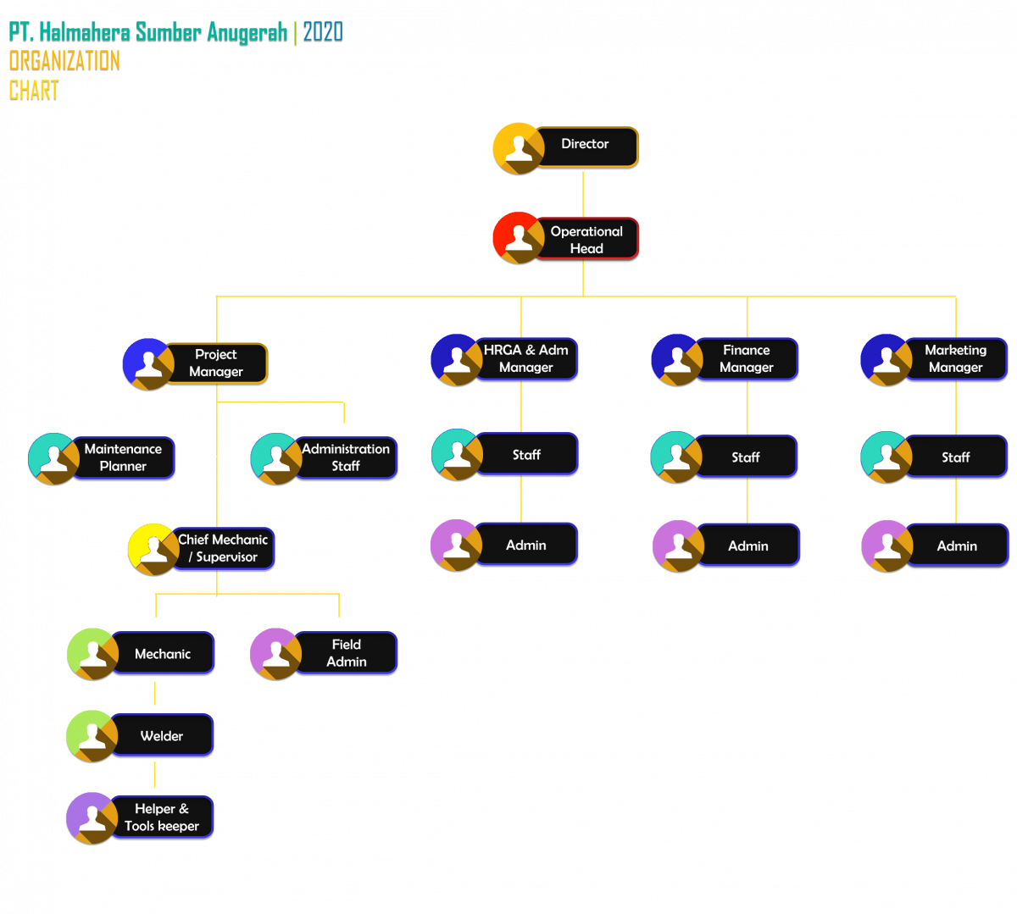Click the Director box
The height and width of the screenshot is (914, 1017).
point(586,147)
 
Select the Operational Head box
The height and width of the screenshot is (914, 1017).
point(586,239)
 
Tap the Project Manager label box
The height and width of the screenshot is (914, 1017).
point(216,363)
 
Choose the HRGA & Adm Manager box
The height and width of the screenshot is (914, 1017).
point(526,358)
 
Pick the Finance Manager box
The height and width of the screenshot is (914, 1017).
point(747,358)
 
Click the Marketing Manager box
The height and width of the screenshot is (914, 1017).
point(956,358)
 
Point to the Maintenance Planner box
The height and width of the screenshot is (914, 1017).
point(123,457)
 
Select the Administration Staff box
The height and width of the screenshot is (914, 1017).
point(346,457)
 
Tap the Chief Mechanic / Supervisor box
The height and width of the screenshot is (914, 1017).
point(224,548)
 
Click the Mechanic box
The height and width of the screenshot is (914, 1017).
point(163,653)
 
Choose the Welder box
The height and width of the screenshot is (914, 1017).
point(162,735)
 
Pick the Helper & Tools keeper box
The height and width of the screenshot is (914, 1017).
point(162,817)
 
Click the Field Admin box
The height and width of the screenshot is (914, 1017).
point(347,653)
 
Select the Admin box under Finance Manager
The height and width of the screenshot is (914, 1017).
point(748,545)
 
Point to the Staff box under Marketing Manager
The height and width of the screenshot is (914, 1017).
point(956,457)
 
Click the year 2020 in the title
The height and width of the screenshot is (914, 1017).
point(323,32)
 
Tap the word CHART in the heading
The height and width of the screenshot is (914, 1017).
point(34,89)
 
